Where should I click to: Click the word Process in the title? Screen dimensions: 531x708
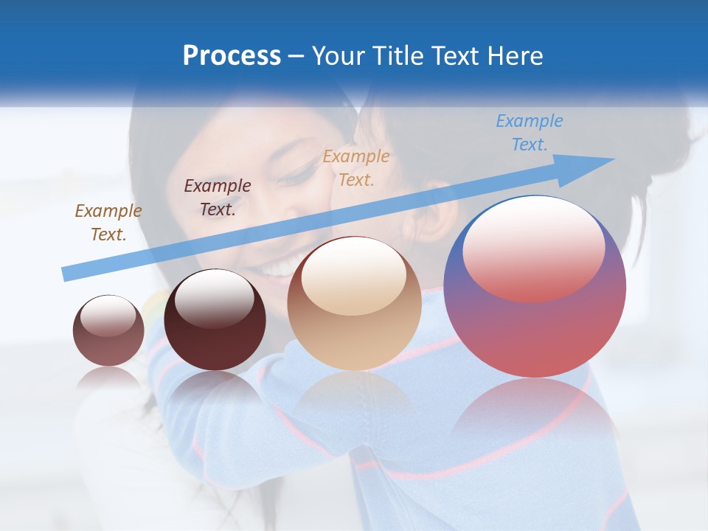pyautogui.click(x=232, y=56)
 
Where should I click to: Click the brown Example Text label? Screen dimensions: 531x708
pyautogui.click(x=108, y=222)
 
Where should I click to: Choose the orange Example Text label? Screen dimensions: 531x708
pyautogui.click(x=356, y=167)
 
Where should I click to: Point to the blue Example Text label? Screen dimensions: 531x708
pyautogui.click(x=530, y=133)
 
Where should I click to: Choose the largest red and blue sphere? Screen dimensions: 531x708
pyautogui.click(x=535, y=324)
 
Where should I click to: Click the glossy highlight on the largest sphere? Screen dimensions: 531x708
pyautogui.click(x=533, y=247)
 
